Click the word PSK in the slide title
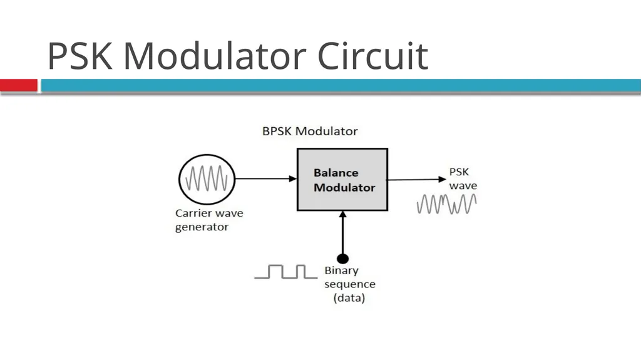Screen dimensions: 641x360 pyautogui.click(x=79, y=56)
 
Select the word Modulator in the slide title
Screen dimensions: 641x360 pyautogui.click(x=215, y=56)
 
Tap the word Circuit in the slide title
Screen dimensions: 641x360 pyautogui.click(x=373, y=56)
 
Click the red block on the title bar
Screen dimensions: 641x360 pyautogui.click(x=19, y=85)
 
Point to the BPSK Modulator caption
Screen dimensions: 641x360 pyautogui.click(x=310, y=131)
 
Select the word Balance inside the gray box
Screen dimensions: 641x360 pyautogui.click(x=336, y=173)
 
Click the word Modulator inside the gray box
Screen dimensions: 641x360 pyautogui.click(x=344, y=187)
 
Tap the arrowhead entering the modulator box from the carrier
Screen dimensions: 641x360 pyautogui.click(x=293, y=179)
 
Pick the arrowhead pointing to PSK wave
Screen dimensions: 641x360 pyautogui.click(x=442, y=179)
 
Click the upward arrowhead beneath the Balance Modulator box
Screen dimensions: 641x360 pyautogui.click(x=342, y=214)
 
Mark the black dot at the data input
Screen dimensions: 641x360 pyautogui.click(x=342, y=259)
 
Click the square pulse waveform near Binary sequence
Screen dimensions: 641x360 pyautogui.click(x=285, y=272)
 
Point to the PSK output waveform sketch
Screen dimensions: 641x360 pyautogui.click(x=447, y=203)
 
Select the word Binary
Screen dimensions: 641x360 pyautogui.click(x=341, y=271)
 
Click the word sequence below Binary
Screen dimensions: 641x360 pyautogui.click(x=350, y=284)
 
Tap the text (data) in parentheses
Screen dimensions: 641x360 pyautogui.click(x=349, y=298)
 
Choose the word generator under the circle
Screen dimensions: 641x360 pyautogui.click(x=202, y=227)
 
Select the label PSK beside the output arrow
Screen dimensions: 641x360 pyautogui.click(x=459, y=172)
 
